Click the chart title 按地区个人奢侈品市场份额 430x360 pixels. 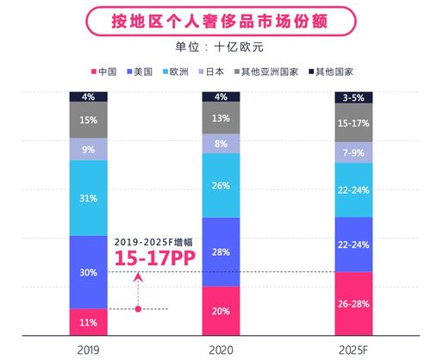coord(215,18)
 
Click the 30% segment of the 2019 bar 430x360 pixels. coord(87,271)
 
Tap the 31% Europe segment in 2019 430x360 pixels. coord(87,198)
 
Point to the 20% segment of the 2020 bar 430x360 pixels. coord(221,311)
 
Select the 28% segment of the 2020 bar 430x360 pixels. coord(221,251)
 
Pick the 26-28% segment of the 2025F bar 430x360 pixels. coord(354,303)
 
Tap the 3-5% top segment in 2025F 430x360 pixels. coord(354,96)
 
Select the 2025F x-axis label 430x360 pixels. coord(354,349)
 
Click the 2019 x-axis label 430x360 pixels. coord(87,349)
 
